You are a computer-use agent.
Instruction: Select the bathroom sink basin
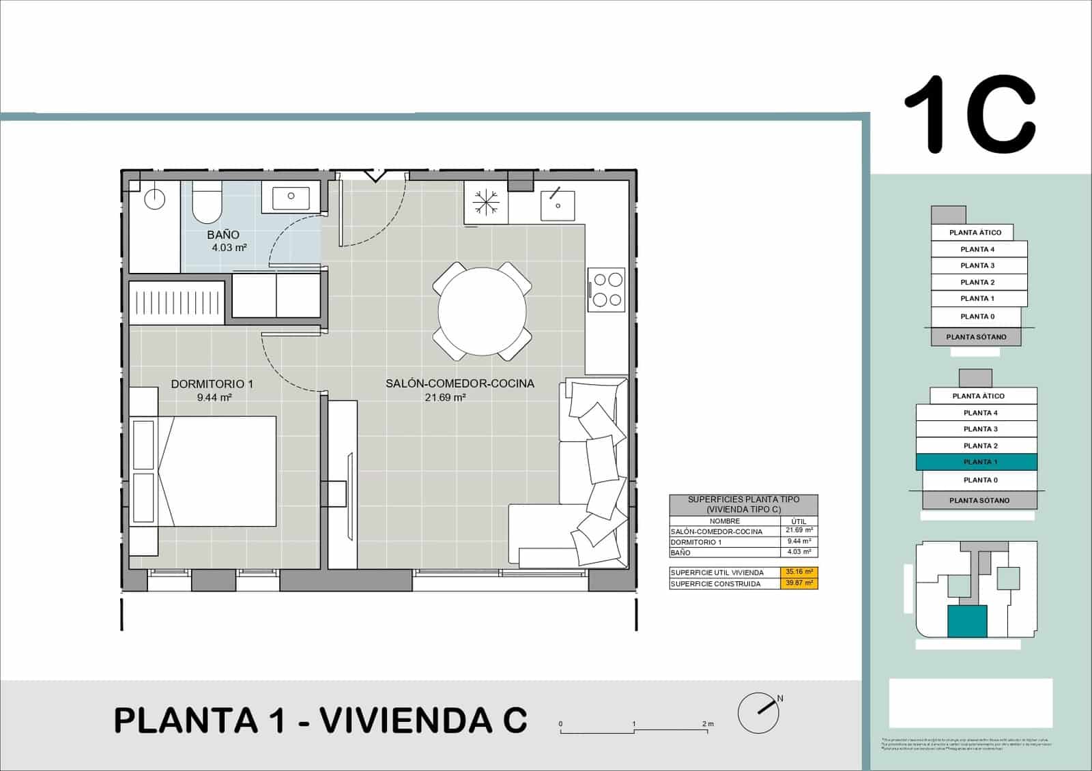291,197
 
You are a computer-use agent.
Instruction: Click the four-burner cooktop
607,289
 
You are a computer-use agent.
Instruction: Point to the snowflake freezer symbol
487,202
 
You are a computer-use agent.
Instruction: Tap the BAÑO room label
223,235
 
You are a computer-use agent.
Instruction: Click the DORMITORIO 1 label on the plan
212,384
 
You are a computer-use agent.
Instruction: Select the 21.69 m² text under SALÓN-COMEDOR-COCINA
445,397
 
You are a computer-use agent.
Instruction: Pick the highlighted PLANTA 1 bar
977,462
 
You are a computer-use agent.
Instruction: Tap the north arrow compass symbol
759,712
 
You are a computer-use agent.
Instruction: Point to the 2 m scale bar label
707,724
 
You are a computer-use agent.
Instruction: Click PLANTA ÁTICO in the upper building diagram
975,233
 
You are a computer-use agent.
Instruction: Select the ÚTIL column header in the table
799,521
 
